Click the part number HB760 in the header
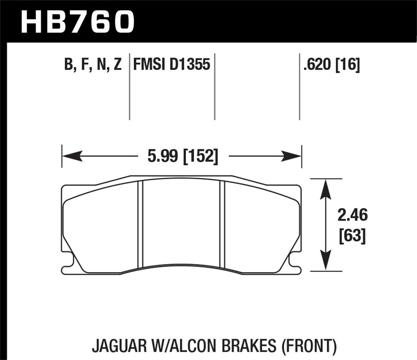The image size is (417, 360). pyautogui.click(x=78, y=21)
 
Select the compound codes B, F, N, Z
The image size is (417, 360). pyautogui.click(x=93, y=64)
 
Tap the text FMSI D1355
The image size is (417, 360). pyautogui.click(x=172, y=64)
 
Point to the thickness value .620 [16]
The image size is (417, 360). pyautogui.click(x=332, y=64)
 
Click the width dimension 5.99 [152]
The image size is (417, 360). pyautogui.click(x=183, y=156)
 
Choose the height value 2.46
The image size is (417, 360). pyautogui.click(x=353, y=216)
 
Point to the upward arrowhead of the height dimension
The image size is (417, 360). pyautogui.click(x=325, y=189)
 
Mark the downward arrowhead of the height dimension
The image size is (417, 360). pyautogui.click(x=325, y=260)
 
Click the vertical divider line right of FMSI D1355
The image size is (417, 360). pyautogui.click(x=215, y=86)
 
